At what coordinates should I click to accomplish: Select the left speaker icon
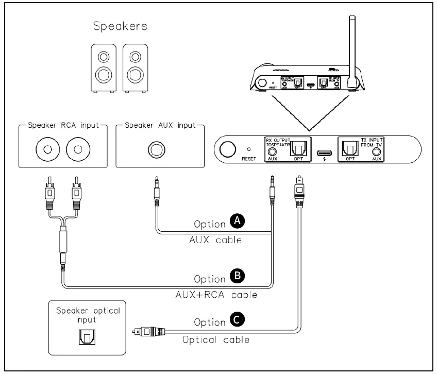[104, 67]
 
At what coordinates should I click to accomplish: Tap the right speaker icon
[136, 67]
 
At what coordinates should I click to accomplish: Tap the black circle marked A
[237, 222]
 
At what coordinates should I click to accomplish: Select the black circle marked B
[237, 277]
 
